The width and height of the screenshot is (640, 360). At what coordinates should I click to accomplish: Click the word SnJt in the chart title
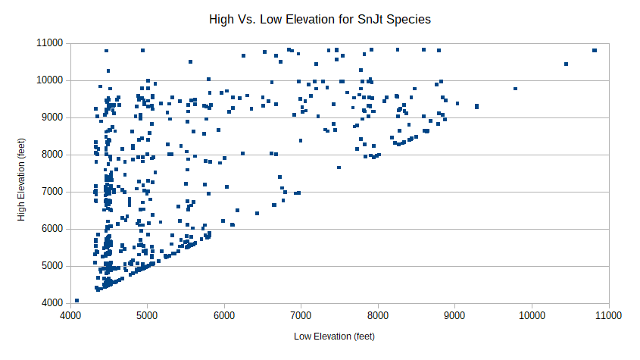(x=370, y=19)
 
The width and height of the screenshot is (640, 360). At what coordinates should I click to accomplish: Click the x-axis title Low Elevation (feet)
(x=334, y=337)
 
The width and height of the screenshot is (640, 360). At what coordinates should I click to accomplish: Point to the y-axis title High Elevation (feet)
(x=21, y=180)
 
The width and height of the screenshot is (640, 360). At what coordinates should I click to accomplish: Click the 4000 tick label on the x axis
(x=70, y=315)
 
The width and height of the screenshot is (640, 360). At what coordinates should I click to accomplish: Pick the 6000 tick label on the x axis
(x=224, y=315)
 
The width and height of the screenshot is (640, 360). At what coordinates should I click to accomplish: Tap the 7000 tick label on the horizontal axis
(x=301, y=315)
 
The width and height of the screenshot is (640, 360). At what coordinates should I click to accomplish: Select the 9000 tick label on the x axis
(x=454, y=315)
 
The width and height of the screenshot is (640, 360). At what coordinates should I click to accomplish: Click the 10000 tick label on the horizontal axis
(x=532, y=315)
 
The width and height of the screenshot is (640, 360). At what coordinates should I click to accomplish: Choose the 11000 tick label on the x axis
(x=609, y=315)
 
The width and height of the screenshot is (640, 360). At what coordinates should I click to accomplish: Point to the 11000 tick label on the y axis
(x=50, y=43)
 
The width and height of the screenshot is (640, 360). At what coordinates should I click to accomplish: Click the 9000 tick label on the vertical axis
(x=53, y=117)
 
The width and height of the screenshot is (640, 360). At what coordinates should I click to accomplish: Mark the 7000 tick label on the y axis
(x=53, y=192)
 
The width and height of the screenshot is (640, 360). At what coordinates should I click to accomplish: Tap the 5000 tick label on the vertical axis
(x=53, y=266)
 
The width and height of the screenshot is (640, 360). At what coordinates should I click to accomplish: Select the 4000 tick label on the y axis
(x=53, y=303)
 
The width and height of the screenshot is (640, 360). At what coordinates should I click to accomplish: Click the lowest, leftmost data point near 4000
(x=76, y=300)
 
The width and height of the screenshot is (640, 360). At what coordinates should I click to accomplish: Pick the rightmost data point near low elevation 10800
(x=595, y=50)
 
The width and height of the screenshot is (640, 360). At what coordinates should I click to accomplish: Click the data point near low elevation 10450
(x=566, y=64)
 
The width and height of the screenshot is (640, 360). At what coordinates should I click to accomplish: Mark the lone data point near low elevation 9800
(x=516, y=89)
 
